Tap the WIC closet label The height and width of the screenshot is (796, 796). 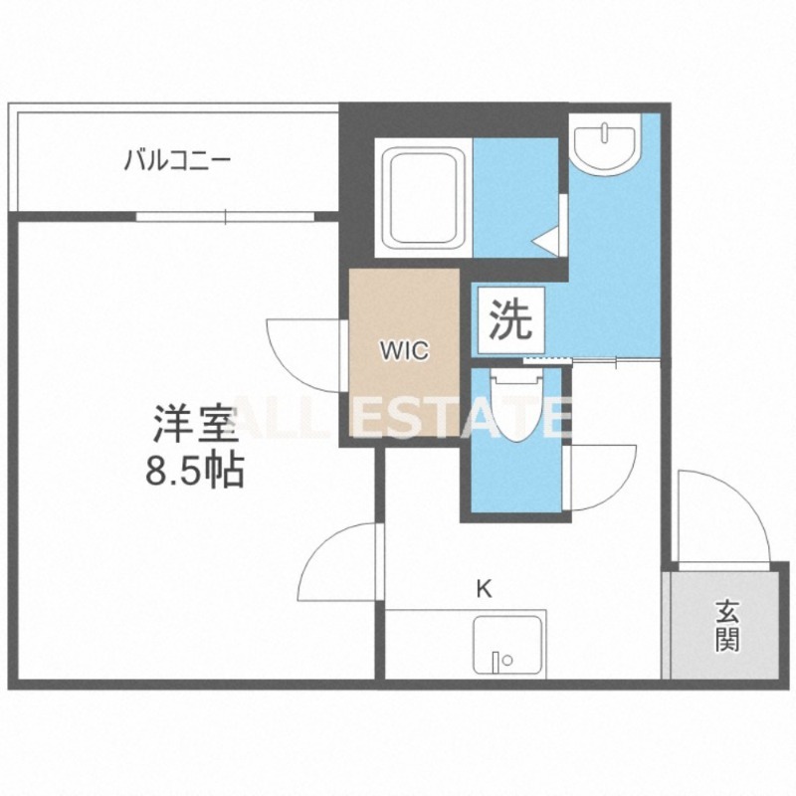pyautogui.click(x=404, y=350)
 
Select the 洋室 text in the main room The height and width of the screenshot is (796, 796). pyautogui.click(x=195, y=426)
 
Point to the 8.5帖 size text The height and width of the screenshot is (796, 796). pyautogui.click(x=195, y=471)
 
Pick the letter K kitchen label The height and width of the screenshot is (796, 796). pyautogui.click(x=484, y=588)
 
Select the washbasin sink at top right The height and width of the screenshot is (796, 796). pyautogui.click(x=605, y=145)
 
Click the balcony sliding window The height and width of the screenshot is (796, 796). pyautogui.click(x=227, y=215)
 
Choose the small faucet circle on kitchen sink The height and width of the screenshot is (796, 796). pyautogui.click(x=507, y=659)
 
